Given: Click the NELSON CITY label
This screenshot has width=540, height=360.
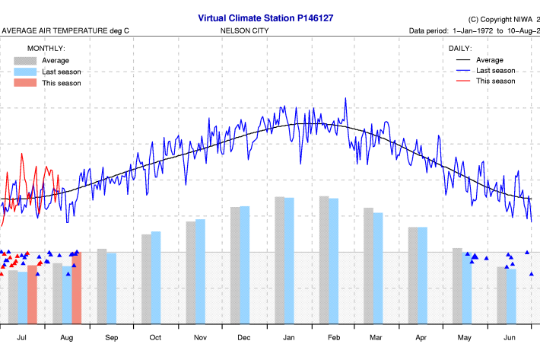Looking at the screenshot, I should (x=243, y=31).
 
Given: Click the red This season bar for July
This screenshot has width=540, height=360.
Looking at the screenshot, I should (x=32, y=293).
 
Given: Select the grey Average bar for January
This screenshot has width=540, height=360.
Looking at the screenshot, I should (x=280, y=259).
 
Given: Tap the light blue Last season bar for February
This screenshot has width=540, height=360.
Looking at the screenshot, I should (x=333, y=260).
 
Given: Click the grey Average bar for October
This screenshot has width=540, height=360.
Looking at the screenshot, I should (x=146, y=278).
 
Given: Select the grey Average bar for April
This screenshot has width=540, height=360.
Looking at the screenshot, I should (x=413, y=274).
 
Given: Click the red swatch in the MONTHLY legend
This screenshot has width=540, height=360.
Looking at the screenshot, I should (x=25, y=83).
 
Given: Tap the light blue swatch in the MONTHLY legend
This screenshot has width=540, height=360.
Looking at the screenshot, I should (x=25, y=72).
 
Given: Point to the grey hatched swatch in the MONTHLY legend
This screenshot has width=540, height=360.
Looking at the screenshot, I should (x=25, y=60).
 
